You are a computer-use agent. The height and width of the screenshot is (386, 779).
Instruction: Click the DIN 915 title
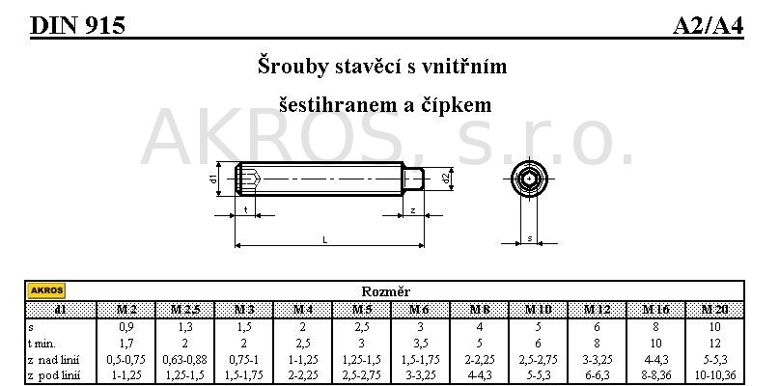click(x=77, y=25)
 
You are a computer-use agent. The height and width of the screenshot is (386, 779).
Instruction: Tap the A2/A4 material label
click(x=708, y=25)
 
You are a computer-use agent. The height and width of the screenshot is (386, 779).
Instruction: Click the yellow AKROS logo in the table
click(x=46, y=290)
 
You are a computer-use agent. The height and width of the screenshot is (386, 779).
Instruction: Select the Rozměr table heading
click(x=385, y=291)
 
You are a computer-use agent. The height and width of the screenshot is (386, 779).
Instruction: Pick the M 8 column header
click(x=480, y=310)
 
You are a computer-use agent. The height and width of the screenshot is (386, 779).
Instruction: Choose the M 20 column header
click(x=715, y=310)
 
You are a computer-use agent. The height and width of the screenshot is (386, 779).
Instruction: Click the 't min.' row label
click(x=42, y=344)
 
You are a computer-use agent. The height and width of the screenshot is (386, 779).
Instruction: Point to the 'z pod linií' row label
click(x=54, y=375)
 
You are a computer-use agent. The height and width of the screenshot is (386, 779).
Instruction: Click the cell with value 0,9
click(x=126, y=327)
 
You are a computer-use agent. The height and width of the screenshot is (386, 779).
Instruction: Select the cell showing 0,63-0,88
click(x=184, y=359)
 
